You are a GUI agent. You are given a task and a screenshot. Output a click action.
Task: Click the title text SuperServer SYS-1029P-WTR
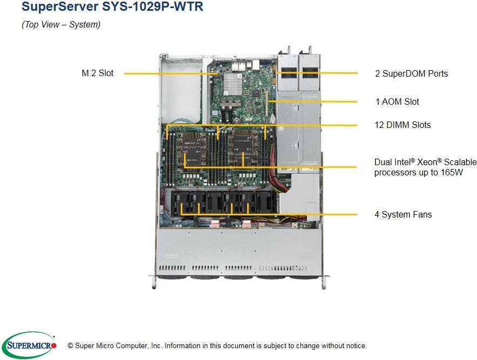(112, 8)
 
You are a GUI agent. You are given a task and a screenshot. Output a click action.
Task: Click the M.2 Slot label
(97, 73)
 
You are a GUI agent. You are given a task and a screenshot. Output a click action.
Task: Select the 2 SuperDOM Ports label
(411, 73)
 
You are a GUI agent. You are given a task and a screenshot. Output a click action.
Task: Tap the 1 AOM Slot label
(397, 101)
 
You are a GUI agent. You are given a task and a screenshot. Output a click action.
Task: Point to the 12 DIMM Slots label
(403, 125)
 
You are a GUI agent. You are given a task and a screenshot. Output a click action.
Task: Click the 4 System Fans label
(403, 214)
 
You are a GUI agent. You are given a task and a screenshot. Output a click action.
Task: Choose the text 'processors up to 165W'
(418, 173)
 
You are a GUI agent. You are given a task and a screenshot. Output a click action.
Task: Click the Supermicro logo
(29, 345)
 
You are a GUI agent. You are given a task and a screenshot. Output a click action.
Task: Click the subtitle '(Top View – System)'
(61, 25)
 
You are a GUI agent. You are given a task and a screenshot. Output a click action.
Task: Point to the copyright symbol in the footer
(70, 345)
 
